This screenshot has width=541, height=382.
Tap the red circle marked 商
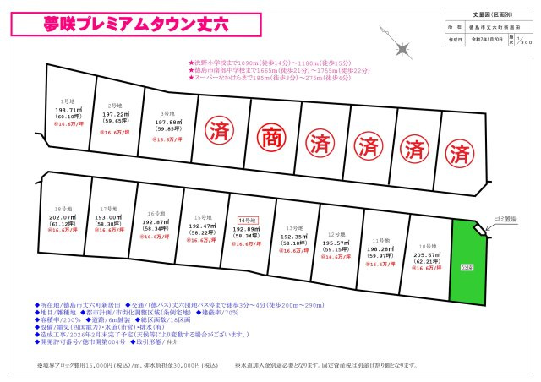pyautogui.click(x=265, y=134)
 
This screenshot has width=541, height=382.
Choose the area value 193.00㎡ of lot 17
pyautogui.click(x=108, y=216)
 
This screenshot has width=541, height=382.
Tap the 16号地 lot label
pyautogui.click(x=155, y=214)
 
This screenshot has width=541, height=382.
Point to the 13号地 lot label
pyautogui.click(x=293, y=228)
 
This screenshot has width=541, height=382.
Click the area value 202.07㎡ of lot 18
pyautogui.click(x=60, y=216)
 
